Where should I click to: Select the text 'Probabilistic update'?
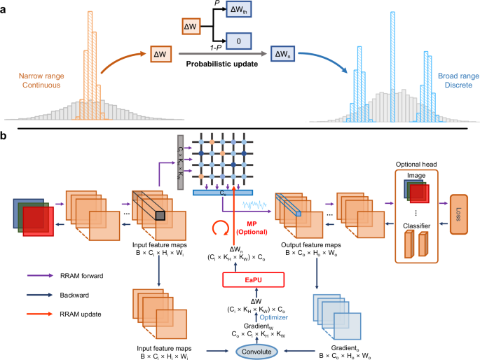(219, 64)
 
